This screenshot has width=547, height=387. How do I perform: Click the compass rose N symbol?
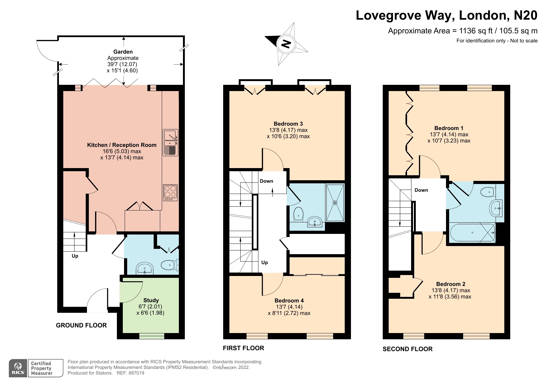[286, 44]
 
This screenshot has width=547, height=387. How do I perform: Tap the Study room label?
[151, 300]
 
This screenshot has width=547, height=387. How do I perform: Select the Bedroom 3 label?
[288, 124]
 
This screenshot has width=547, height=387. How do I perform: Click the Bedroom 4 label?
[289, 301]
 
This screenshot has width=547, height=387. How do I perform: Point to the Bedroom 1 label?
[449, 128]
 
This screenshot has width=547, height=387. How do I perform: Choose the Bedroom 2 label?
[451, 284]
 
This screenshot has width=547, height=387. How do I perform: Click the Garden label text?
[123, 52]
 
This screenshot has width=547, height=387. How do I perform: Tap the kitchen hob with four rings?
[170, 193]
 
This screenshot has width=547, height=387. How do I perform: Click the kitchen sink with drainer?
[170, 143]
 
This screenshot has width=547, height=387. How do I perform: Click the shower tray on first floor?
[335, 203]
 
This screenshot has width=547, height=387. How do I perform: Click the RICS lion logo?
[18, 368]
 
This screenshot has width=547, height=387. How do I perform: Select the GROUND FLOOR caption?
[81, 325]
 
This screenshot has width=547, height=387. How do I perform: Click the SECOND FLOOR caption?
[408, 349]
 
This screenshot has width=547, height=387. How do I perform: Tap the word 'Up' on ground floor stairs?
[75, 256]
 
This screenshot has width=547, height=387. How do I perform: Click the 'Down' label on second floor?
[421, 190]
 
